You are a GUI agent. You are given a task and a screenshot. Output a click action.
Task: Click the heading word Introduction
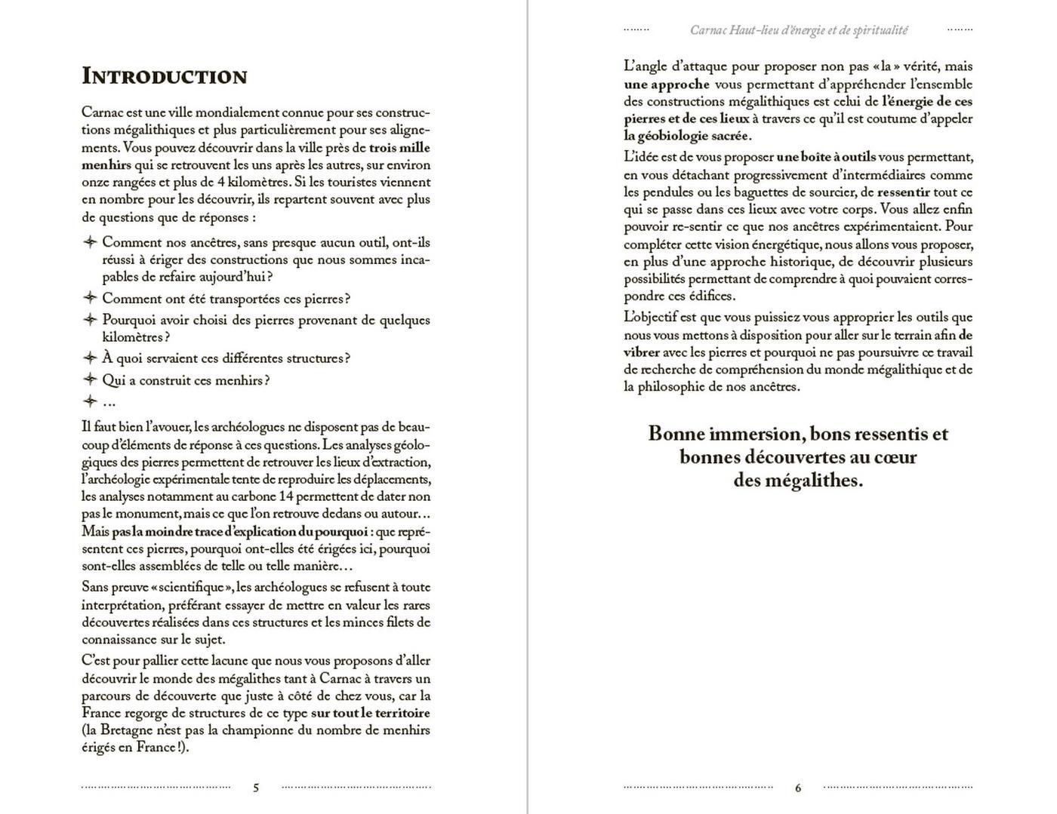pos(164,76)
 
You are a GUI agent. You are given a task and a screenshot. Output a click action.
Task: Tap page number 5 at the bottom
pos(256,788)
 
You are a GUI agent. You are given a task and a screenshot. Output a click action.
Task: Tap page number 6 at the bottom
pos(798,788)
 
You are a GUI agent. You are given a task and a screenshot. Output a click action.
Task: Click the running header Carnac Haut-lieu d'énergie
pos(798,30)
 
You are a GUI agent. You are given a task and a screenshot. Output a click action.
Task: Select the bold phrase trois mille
pos(399,147)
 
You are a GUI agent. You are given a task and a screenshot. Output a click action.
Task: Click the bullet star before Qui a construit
pos(90,379)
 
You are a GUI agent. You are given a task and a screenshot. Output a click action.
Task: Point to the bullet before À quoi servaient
pos(90,358)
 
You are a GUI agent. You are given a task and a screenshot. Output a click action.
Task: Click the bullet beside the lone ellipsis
pos(90,401)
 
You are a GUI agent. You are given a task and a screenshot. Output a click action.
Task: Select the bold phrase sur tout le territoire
pos(371,713)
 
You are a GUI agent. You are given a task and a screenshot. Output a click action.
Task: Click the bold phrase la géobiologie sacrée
pos(687,136)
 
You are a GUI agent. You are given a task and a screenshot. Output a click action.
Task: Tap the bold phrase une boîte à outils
pos(826,157)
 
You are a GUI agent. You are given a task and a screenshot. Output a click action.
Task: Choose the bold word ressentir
pos(903,192)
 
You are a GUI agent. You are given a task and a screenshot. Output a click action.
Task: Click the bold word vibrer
pos(642,352)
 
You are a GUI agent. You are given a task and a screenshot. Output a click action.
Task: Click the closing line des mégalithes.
pos(798,481)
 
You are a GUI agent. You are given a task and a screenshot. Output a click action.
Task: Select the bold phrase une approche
pos(667,84)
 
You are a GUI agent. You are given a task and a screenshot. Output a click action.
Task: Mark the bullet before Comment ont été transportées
pos(90,298)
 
